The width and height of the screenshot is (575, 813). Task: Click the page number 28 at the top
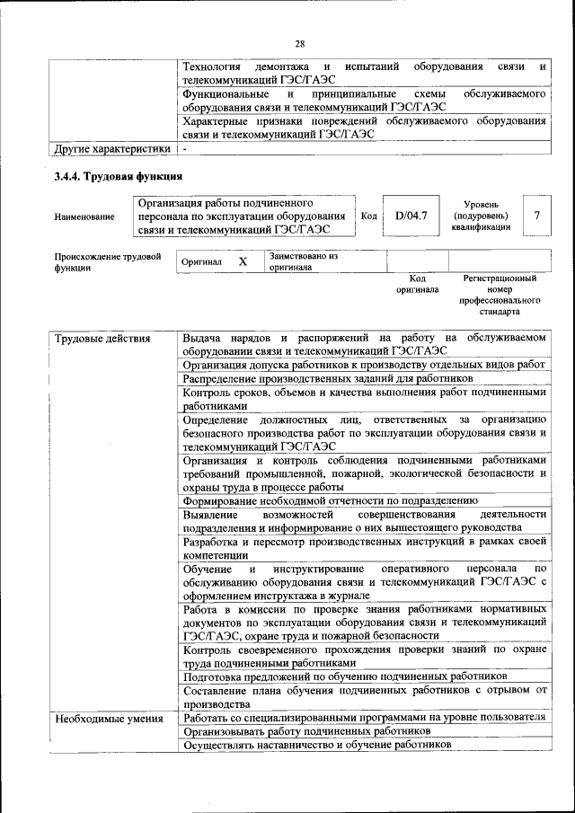coord(300,43)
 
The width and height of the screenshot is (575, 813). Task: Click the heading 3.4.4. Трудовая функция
coord(119,176)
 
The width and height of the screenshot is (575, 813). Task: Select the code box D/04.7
coord(411,216)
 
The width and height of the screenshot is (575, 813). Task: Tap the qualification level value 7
coord(536,216)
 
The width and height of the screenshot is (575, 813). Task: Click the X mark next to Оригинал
coord(242,261)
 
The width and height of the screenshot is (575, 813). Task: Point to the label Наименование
coord(84,217)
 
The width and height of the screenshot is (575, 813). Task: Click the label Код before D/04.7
coord(368,216)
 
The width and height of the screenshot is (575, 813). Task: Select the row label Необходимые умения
coord(108,718)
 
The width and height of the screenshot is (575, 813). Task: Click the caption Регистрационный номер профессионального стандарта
coord(500,296)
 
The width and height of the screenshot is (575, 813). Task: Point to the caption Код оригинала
coord(417,285)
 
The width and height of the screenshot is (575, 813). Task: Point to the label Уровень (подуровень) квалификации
coord(481,216)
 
